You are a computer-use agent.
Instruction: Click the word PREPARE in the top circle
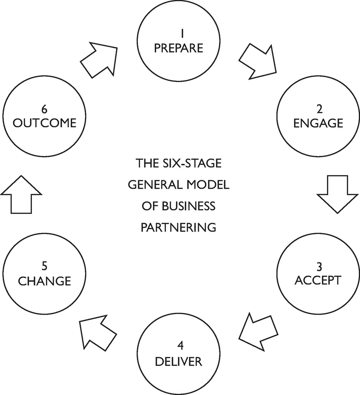[x=178, y=47]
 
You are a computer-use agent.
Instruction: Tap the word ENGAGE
[x=318, y=123]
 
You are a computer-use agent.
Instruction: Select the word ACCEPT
[x=318, y=280]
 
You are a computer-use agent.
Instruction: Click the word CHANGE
[x=45, y=281]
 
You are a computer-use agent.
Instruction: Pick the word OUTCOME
[x=45, y=123]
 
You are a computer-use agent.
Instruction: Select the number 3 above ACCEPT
[x=319, y=266]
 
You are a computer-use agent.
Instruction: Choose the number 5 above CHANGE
[x=45, y=266]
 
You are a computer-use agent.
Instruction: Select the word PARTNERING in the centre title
[x=178, y=227]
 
